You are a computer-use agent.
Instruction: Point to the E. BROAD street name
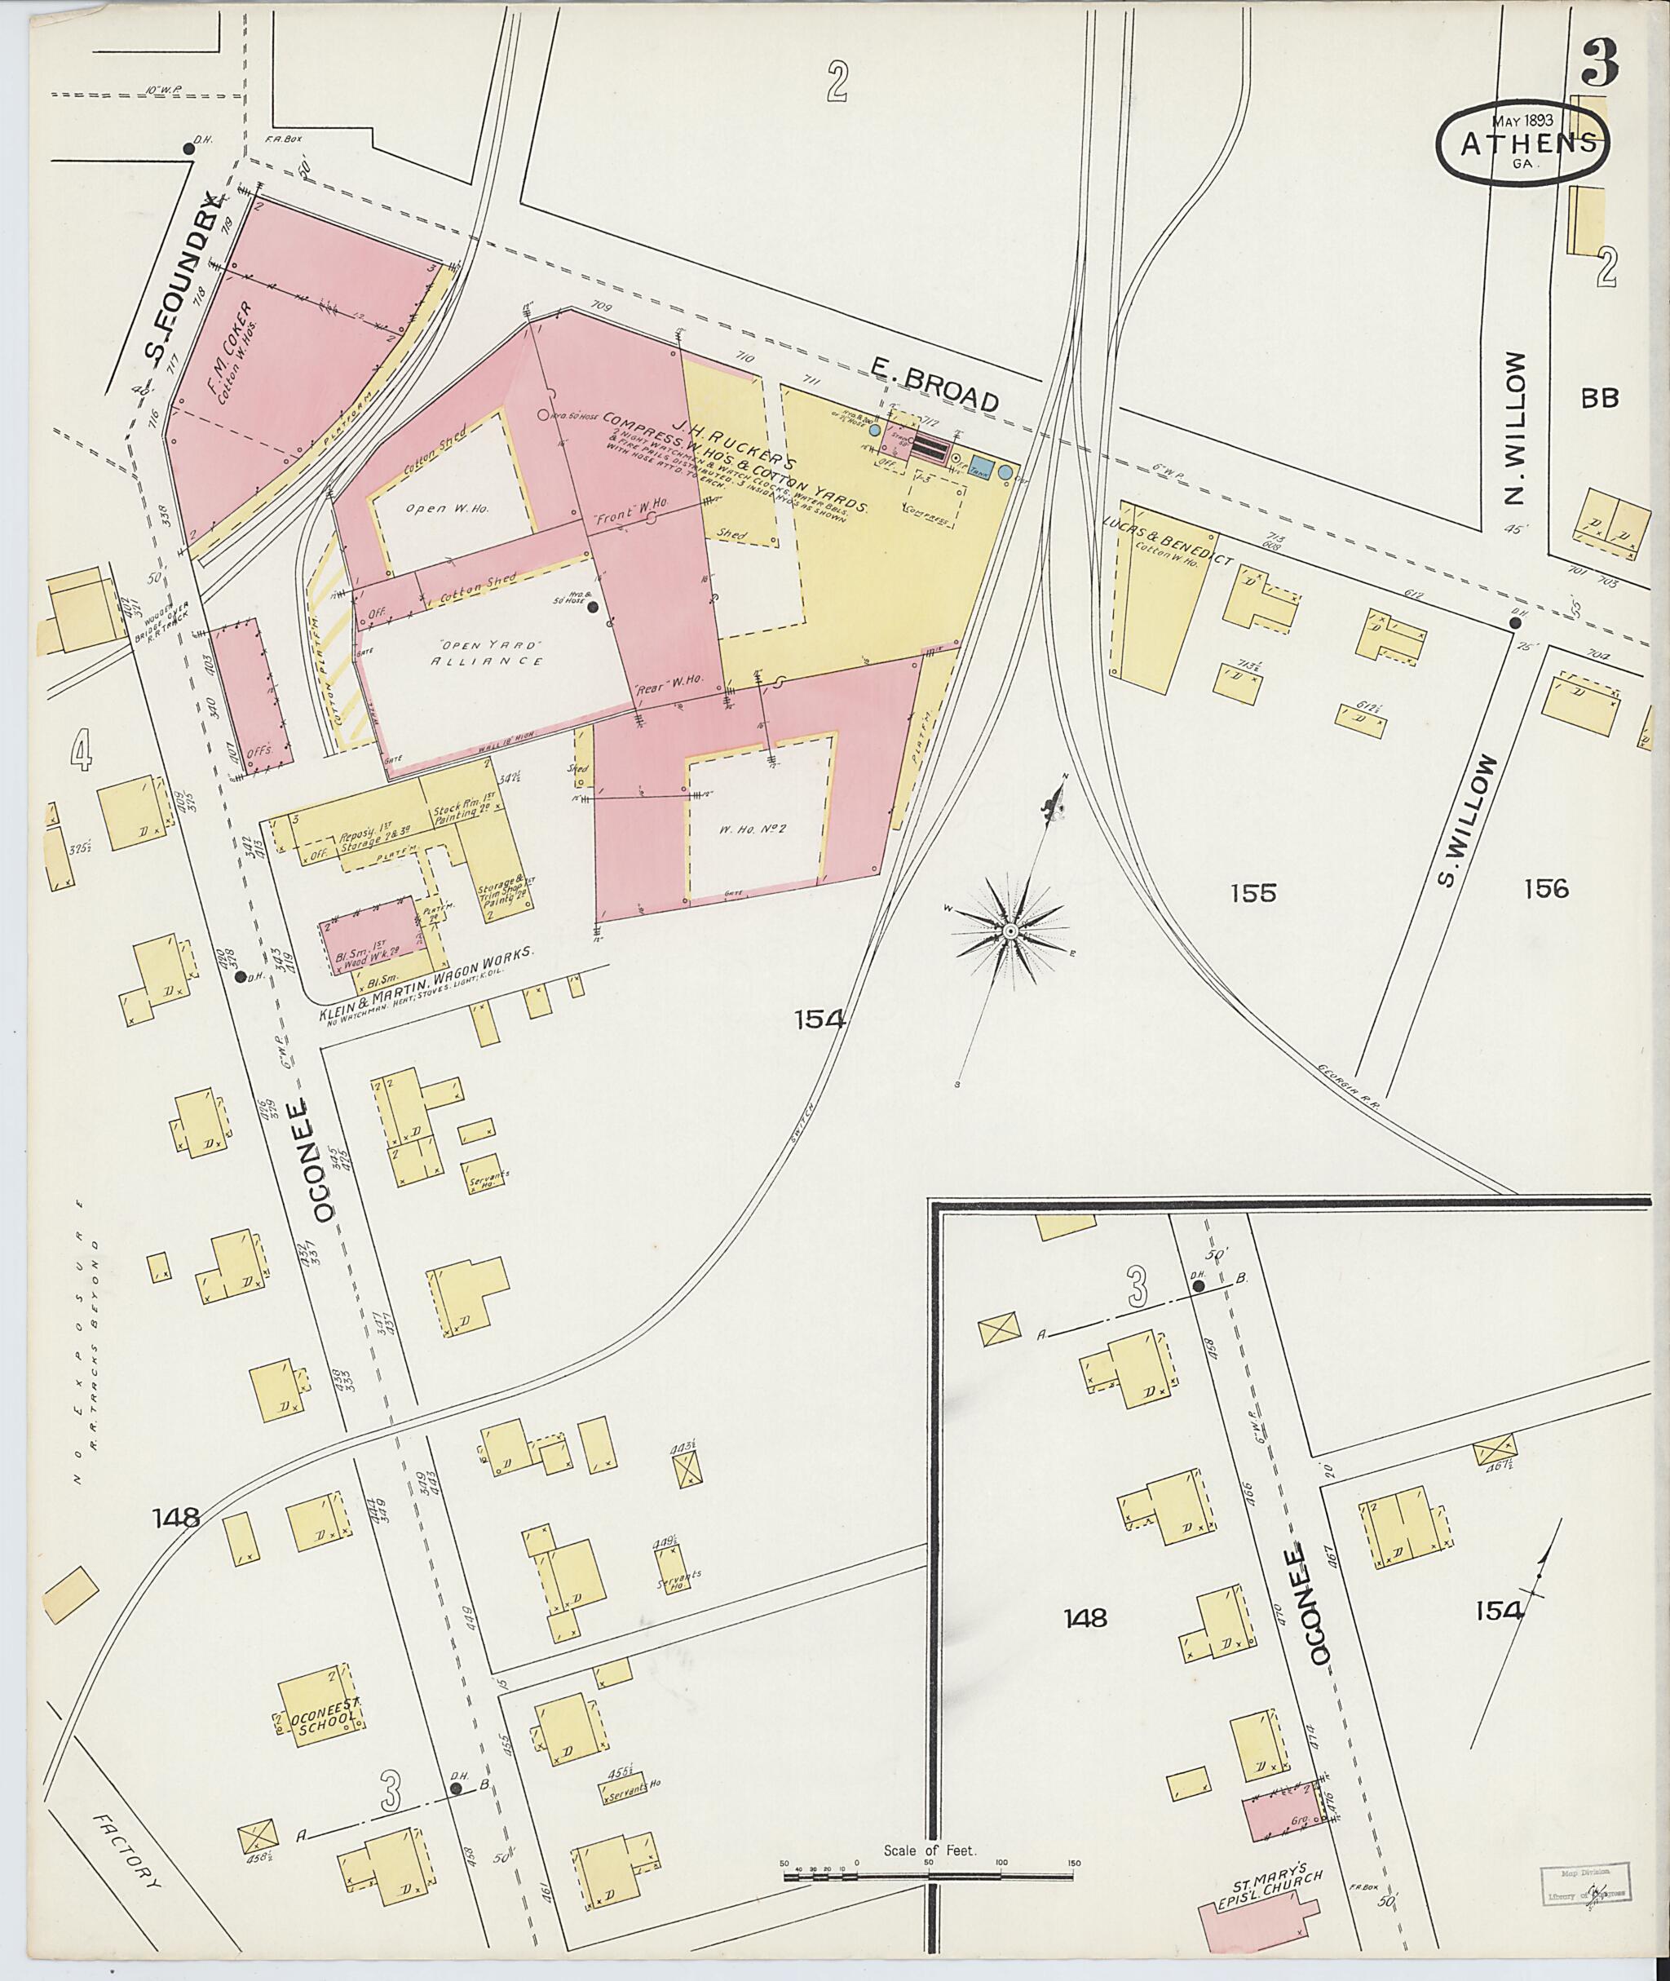tap(934, 389)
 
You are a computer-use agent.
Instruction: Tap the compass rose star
tap(1011, 932)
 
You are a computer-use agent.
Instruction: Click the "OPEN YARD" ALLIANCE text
tap(487, 652)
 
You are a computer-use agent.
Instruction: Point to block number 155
tap(1253, 892)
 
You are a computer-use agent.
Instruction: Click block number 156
tap(1546, 888)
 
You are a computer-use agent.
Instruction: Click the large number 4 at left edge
tap(81, 752)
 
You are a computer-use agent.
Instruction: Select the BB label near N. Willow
tap(1599, 398)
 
